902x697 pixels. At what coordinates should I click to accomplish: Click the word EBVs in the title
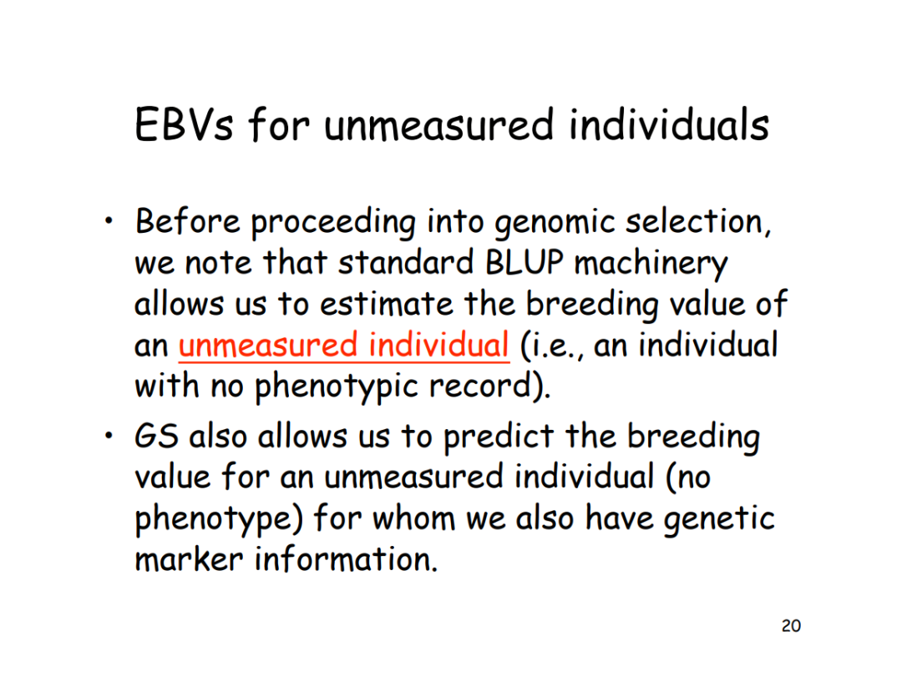tap(184, 124)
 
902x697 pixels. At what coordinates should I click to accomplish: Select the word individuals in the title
tap(669, 124)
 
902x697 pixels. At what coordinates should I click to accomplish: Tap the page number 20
tap(791, 626)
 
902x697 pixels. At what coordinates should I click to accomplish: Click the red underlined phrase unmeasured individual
tap(344, 345)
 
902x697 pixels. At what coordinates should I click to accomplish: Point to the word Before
tap(188, 221)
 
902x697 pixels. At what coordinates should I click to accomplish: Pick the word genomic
tap(555, 223)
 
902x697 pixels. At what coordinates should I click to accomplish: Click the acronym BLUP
tap(524, 263)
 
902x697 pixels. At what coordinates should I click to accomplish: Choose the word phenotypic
tap(336, 387)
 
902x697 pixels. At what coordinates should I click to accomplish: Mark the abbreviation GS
tap(156, 436)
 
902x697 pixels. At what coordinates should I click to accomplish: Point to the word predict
tap(499, 437)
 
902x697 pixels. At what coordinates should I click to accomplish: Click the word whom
tap(413, 518)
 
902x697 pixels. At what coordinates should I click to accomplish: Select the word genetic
tap(719, 519)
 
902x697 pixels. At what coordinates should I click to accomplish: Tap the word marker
tap(189, 558)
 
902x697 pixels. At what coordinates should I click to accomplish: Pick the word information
tap(346, 558)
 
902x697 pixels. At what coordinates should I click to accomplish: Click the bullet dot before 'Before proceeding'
tap(109, 220)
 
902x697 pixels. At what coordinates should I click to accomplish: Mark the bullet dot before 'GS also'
tap(109, 436)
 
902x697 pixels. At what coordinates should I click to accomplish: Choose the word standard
tap(406, 263)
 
